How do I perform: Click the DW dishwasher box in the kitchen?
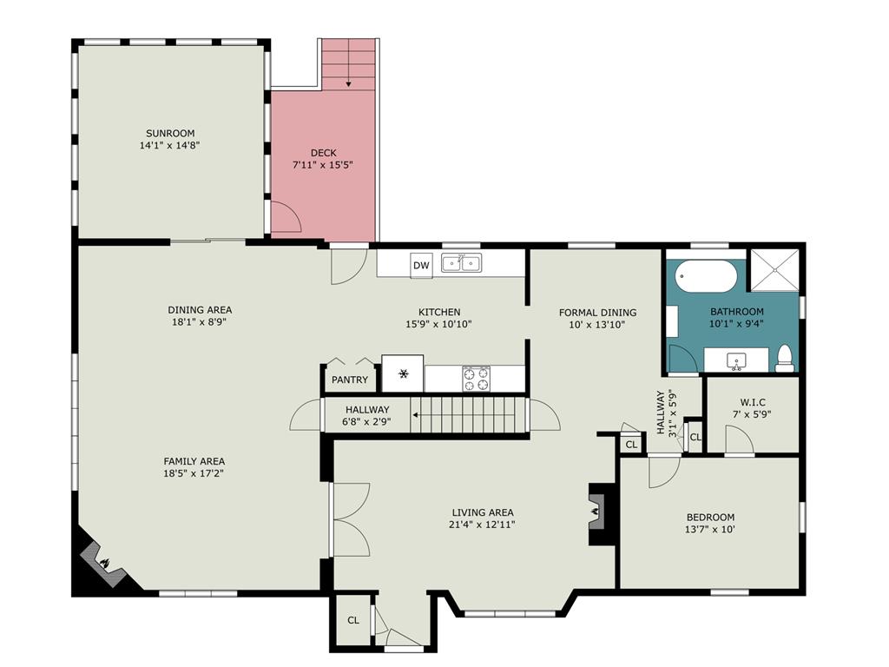coord(421,265)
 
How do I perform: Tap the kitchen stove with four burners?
coord(477,379)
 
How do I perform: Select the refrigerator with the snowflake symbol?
coord(403,373)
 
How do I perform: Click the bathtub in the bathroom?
coord(706,276)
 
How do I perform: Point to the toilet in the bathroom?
coord(785,359)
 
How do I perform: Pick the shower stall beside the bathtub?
coord(775,269)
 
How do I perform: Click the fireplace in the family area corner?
coord(102,563)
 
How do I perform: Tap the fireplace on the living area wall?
coord(597,513)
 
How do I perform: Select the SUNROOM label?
coord(170,133)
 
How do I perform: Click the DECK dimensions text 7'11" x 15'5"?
coord(323,165)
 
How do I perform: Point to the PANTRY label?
coord(350,380)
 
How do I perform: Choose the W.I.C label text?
coord(753,402)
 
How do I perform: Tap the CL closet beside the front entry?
coord(353,620)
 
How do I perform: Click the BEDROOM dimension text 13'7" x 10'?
coord(710,530)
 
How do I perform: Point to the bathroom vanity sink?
coord(737,360)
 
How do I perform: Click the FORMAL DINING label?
coord(597,313)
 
